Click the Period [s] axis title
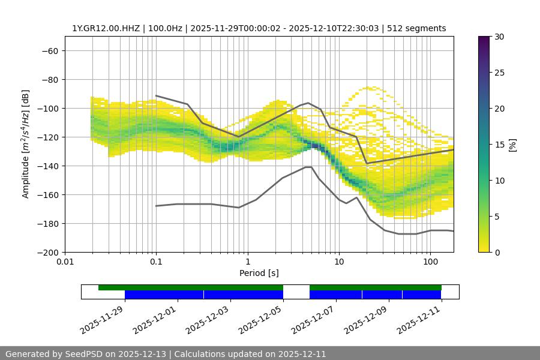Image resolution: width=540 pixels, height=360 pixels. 259,273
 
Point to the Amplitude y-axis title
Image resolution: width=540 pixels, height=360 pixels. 25,144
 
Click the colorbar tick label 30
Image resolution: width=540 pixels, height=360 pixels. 499,37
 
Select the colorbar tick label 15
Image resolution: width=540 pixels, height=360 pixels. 499,145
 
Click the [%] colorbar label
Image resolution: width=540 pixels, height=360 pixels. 512,145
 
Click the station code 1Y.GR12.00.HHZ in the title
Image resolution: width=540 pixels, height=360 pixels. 107,28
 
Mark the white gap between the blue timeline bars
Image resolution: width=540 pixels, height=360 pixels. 296,294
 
